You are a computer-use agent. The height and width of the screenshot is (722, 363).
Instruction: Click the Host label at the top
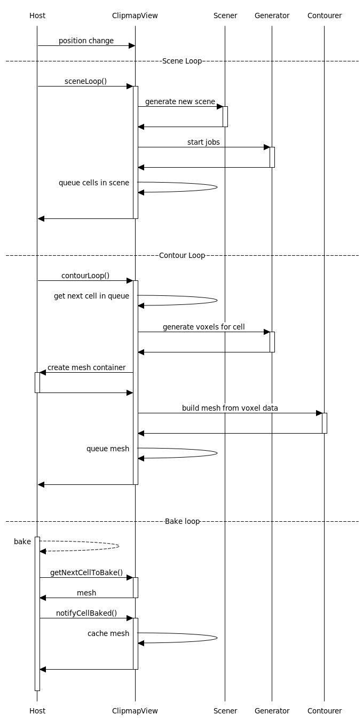click(37, 15)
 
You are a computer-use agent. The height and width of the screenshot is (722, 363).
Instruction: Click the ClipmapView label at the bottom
click(135, 711)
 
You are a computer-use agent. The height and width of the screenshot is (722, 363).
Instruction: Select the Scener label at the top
click(225, 15)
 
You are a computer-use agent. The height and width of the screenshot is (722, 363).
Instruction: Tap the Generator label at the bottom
click(272, 711)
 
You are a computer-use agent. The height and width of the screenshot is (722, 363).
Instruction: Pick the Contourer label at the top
click(325, 15)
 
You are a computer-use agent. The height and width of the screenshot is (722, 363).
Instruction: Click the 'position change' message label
click(86, 41)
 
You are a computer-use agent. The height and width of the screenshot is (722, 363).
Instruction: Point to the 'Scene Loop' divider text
click(182, 61)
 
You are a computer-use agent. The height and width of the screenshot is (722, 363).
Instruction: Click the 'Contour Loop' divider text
click(182, 255)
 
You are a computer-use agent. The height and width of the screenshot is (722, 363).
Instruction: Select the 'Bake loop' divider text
click(182, 521)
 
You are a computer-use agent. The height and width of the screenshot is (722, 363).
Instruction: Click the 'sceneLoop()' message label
click(85, 81)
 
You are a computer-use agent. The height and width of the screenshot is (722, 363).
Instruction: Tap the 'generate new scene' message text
click(180, 101)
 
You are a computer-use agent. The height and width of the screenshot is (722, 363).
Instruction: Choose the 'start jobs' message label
click(203, 142)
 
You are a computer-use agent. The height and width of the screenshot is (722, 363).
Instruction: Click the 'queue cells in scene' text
click(94, 183)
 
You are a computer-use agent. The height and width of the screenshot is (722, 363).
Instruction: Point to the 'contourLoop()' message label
click(85, 276)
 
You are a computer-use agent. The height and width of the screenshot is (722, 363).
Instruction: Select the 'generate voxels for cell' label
click(203, 327)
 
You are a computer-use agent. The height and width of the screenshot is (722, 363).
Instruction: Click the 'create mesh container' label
click(86, 367)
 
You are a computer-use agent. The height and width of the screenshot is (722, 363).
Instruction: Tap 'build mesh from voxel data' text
click(230, 408)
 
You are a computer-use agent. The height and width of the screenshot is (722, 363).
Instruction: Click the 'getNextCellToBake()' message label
click(86, 572)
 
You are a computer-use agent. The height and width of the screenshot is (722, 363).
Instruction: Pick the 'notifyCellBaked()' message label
click(86, 613)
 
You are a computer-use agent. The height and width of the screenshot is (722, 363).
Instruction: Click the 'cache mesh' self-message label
click(108, 633)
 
